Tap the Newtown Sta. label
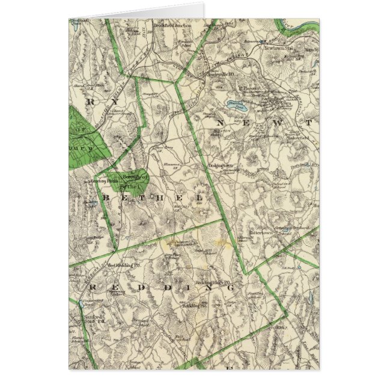pos(280,47)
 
